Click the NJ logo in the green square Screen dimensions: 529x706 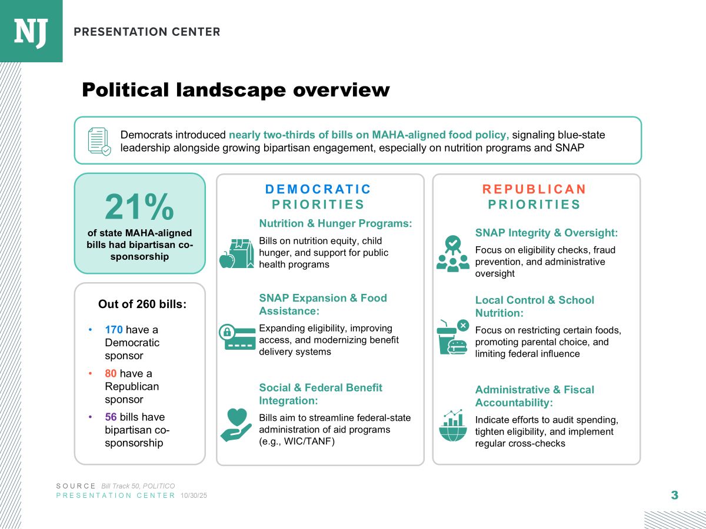tap(31, 31)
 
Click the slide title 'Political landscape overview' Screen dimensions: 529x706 tap(235, 90)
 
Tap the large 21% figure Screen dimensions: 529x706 tap(139, 206)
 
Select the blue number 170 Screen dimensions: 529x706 tap(114, 330)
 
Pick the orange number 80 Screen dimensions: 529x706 tap(111, 373)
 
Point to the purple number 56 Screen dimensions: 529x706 tap(111, 417)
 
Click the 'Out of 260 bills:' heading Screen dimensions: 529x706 tap(142, 304)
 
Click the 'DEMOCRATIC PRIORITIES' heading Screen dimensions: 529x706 tap(318, 197)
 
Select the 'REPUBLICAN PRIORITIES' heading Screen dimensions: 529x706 tap(534, 197)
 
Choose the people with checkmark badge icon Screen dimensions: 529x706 tap(452, 254)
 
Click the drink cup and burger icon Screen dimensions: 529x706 tap(452, 337)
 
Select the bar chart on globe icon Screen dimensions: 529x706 tap(452, 425)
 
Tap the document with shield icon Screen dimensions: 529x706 tap(98, 141)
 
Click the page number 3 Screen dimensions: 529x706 tap(674, 495)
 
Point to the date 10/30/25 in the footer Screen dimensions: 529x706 tap(194, 495)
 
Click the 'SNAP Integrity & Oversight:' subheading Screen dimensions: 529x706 tap(547, 233)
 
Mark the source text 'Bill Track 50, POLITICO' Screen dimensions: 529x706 tap(138, 486)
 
